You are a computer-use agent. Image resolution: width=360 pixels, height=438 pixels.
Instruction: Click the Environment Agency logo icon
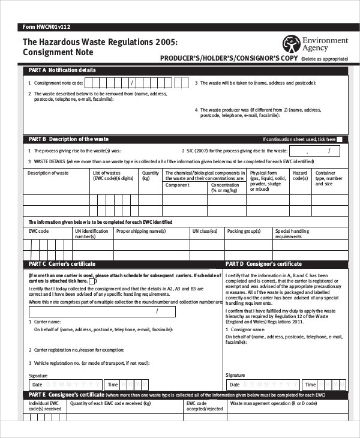291,43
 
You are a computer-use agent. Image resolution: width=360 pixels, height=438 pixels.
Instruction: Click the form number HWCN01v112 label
46,27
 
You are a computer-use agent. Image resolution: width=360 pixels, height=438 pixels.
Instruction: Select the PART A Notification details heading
62,70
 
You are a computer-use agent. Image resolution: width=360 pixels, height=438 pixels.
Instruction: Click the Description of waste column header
49,173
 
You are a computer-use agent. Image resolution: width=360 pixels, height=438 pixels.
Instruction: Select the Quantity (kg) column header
150,176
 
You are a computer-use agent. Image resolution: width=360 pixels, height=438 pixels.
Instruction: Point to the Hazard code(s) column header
299,176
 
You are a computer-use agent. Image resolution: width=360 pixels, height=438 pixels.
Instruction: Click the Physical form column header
268,181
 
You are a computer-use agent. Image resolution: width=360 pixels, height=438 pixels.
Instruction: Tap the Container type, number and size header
329,178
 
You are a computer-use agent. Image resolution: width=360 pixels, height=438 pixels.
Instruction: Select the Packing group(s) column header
243,231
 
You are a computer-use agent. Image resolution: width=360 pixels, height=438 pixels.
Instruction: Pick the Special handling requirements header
292,233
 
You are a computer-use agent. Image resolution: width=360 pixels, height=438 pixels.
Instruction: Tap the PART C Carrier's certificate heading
62,264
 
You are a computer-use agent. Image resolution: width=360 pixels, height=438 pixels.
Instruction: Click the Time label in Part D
310,385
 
